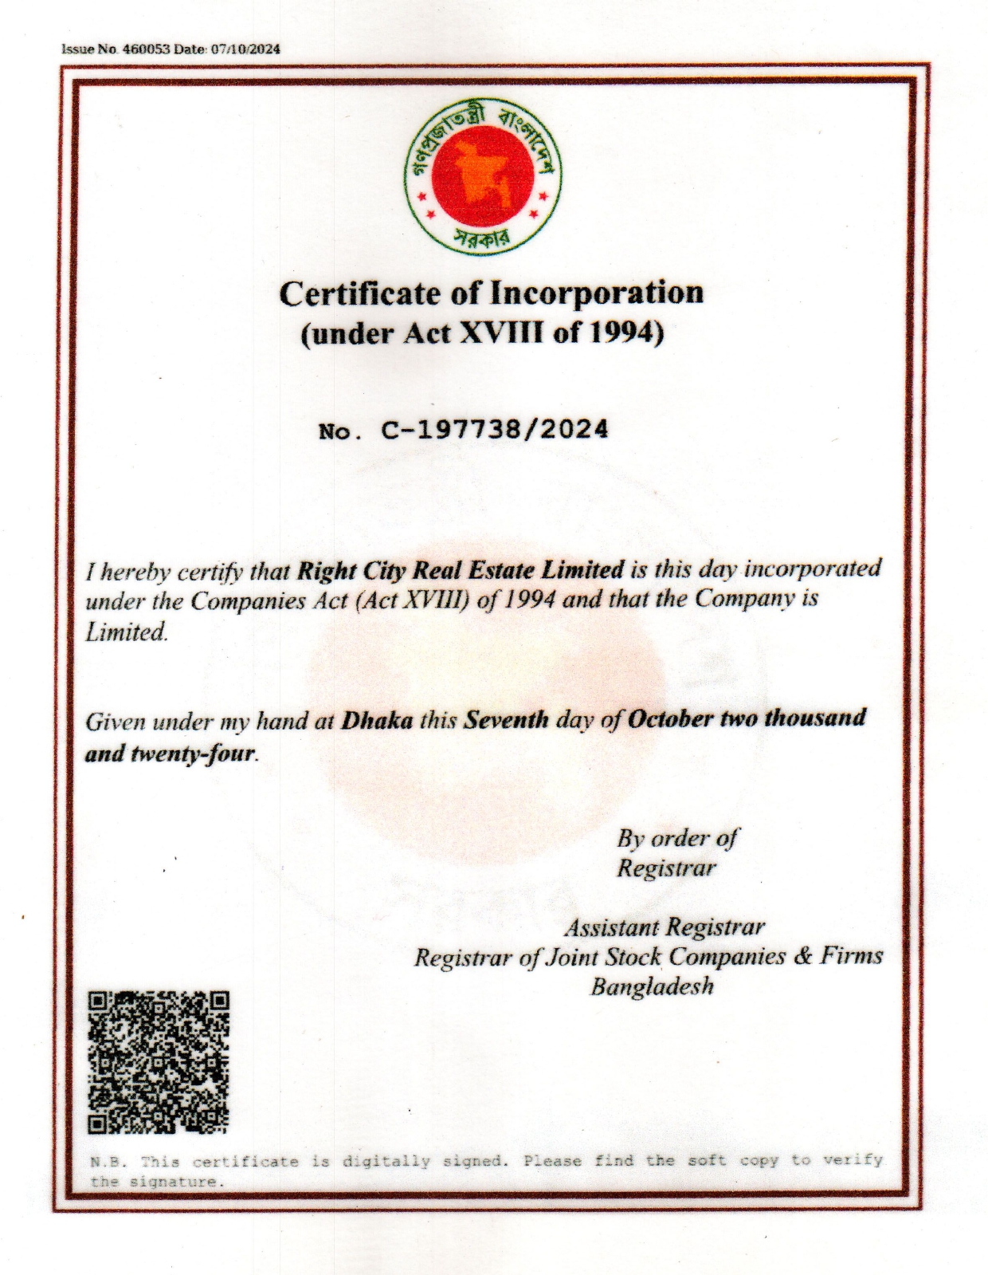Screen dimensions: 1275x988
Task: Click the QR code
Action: [158, 1061]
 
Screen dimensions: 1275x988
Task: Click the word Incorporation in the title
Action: [596, 293]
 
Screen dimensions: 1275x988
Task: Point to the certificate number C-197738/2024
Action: [495, 430]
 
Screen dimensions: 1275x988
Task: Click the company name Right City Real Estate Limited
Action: [460, 570]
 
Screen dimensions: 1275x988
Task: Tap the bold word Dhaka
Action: [377, 721]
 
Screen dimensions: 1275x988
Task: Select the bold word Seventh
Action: [506, 720]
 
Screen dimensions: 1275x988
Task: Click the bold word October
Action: [669, 718]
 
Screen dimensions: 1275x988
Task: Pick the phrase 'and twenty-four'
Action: [171, 753]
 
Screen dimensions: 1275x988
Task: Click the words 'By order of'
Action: [676, 838]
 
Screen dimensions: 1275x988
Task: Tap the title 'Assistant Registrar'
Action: [665, 927]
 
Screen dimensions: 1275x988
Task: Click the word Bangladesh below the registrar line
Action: [652, 986]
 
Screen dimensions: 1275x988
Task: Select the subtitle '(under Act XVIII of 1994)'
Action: [482, 333]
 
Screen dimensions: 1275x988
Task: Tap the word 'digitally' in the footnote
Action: [386, 1161]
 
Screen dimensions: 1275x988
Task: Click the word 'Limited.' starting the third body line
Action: [127, 632]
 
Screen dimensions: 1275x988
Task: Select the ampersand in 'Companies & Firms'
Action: [803, 955]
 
